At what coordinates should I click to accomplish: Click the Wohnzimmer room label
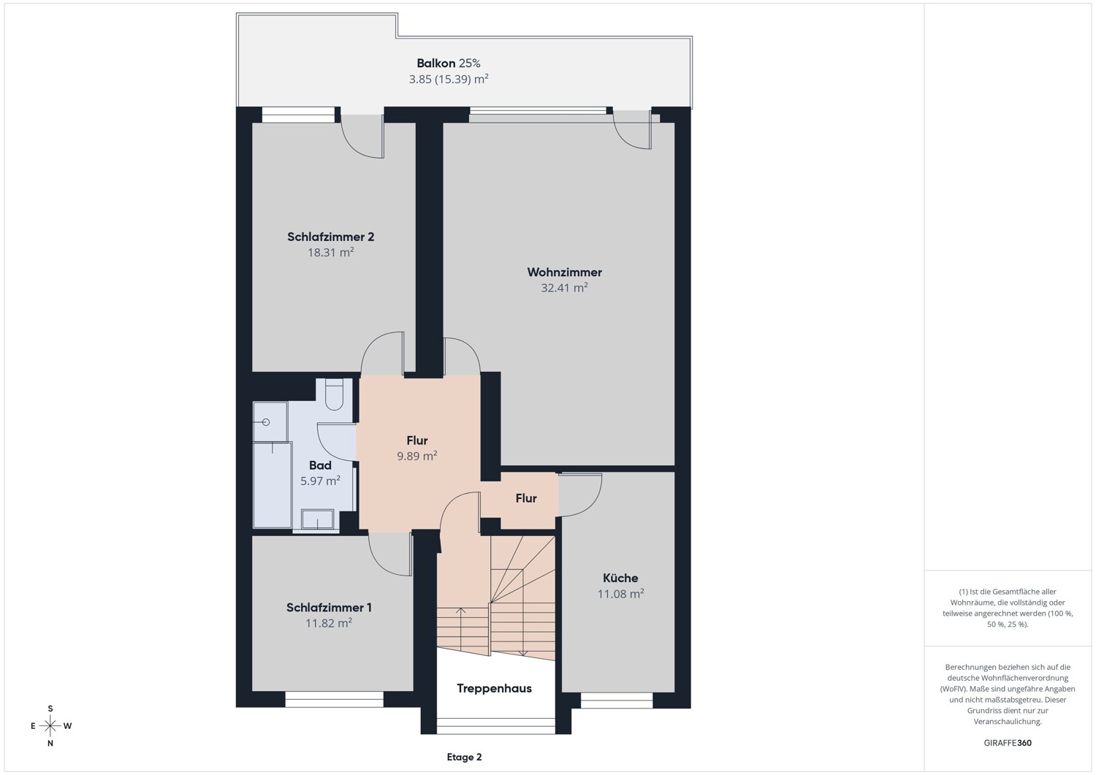tap(564, 272)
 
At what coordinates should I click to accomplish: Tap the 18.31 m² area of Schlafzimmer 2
tap(331, 253)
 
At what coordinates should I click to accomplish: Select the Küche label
tap(620, 578)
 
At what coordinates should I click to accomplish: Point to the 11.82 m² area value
tap(329, 623)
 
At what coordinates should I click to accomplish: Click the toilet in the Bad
tap(335, 395)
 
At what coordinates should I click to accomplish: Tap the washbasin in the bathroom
tap(318, 519)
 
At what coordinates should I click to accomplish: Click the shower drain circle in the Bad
tap(266, 421)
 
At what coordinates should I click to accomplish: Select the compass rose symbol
tap(50, 726)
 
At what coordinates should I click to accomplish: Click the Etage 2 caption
tap(464, 757)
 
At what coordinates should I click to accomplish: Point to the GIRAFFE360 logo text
tap(1008, 743)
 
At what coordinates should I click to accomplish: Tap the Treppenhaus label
tap(494, 688)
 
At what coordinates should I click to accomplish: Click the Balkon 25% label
tap(449, 63)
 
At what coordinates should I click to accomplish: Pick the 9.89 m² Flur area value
tap(417, 456)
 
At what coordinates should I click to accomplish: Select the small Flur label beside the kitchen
tap(526, 498)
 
